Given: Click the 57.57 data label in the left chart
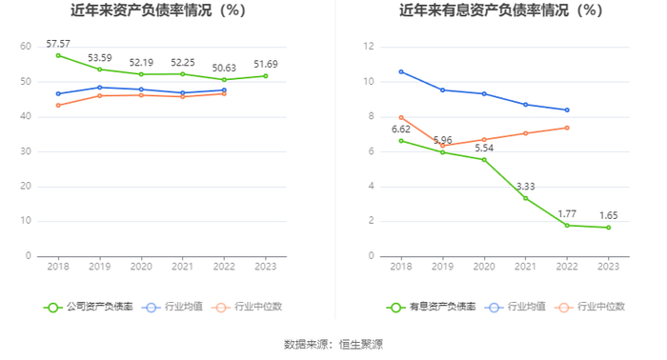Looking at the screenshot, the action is coord(58,44).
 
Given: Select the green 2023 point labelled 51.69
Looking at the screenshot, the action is coord(266,76).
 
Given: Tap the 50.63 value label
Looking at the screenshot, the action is coord(224,68).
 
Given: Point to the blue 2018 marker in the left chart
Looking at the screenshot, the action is coord(58,93).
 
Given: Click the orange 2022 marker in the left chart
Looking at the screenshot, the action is coord(224,93).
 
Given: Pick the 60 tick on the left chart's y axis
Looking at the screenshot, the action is coord(26,47).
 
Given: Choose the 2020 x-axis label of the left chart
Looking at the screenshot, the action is coord(141,267).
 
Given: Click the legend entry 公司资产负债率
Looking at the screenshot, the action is coord(89,307).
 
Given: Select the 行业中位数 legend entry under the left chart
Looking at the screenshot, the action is coord(249,307).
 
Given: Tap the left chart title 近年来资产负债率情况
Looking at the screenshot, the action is coord(141,10).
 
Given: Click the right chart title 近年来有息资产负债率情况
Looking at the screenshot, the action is coord(483,10).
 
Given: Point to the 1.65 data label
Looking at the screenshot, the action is coord(608,215).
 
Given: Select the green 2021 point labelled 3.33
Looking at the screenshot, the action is coord(525,198).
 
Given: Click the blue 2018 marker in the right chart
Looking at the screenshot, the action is coord(401,71).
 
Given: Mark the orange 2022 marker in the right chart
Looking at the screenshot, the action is coord(567,128).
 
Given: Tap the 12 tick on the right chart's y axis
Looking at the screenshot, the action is coord(369,47).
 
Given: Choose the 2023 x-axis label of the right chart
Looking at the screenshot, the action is coord(608,267).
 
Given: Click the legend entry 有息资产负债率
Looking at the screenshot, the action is coord(432,307).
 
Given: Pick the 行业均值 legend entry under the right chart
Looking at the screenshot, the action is coord(515,307).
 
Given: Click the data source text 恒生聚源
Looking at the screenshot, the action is coord(361,344).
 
